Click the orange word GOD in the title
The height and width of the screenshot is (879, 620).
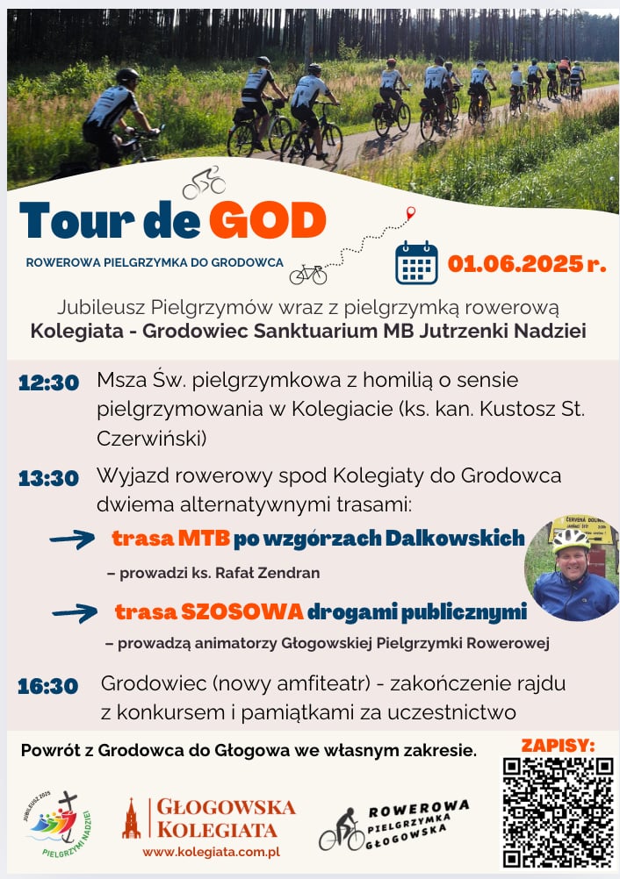tap(268, 219)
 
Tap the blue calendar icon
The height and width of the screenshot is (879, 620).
tap(416, 262)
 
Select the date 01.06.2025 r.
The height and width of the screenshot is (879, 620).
tap(527, 263)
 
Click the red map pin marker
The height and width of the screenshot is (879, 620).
tap(411, 213)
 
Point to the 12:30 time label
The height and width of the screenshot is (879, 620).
tap(48, 382)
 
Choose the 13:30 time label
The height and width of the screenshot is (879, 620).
tap(48, 478)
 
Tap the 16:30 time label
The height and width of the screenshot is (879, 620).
tap(47, 686)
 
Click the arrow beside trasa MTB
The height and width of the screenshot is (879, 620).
tap(72, 540)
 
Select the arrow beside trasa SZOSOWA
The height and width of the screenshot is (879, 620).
tap(75, 612)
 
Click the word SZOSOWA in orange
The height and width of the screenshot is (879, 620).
tap(242, 611)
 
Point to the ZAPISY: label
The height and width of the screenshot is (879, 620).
tap(558, 745)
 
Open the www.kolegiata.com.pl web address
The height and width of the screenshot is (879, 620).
tap(211, 852)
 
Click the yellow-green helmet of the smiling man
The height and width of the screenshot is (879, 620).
tap(571, 540)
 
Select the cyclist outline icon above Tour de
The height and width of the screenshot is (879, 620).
tap(204, 182)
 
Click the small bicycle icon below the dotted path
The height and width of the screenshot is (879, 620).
tap(308, 275)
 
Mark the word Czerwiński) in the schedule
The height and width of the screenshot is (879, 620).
tap(152, 439)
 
